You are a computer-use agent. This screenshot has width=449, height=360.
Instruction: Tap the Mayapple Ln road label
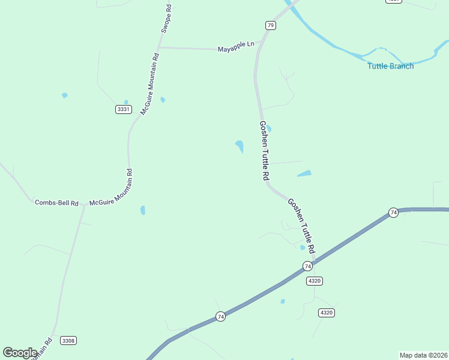pos(236,46)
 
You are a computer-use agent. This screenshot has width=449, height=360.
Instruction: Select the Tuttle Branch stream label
pos(390,66)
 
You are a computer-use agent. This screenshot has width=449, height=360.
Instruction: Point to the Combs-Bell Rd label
pos(56,203)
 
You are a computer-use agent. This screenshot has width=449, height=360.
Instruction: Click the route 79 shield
pos(271,25)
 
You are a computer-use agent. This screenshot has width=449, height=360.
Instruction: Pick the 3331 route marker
pos(124,109)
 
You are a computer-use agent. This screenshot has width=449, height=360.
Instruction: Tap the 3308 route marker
pos(68,341)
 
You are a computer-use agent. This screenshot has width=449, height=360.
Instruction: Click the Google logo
pos(20,353)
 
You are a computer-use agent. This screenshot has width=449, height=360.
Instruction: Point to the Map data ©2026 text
pos(423,355)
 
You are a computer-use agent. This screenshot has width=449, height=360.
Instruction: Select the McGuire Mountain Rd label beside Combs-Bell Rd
pos(110,187)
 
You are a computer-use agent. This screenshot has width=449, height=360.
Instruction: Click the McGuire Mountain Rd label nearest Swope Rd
pos(150,84)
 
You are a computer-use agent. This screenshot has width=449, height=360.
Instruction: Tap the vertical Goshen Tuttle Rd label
pos(264,151)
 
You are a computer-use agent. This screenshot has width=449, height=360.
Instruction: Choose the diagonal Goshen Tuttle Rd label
pos(301,225)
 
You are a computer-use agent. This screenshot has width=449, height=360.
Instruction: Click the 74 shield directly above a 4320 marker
pos(307,266)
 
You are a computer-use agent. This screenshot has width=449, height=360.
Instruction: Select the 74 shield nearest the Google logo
pos(220,316)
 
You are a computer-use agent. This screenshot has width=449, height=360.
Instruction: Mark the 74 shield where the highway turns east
pos(393,212)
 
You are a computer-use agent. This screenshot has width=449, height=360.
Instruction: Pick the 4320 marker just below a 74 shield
pos(314,280)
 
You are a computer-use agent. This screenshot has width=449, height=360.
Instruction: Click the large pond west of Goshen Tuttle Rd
pos(240,146)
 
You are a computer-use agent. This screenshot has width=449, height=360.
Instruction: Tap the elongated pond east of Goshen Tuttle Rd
pos(304,174)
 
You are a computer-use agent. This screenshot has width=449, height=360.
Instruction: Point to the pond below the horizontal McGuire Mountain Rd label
pos(142,210)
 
